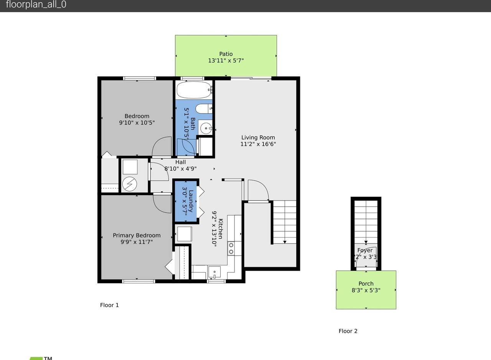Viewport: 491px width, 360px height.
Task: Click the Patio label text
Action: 226,54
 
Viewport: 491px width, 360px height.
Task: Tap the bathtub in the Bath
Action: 194,90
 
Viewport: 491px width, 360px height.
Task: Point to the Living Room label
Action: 258,138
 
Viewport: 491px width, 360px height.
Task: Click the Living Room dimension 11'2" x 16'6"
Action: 258,144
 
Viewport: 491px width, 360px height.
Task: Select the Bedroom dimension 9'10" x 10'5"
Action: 137,123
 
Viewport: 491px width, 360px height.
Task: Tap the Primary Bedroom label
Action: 137,235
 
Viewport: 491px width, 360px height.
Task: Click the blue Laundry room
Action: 186,201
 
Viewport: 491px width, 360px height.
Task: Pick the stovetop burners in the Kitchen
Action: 231,248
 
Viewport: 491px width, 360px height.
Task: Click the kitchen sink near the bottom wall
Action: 214,272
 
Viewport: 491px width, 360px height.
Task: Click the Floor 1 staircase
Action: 285,222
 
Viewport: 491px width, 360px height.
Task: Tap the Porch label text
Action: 366,284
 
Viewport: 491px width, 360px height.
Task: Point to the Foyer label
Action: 365,250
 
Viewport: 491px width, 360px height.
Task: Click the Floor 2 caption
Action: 348,331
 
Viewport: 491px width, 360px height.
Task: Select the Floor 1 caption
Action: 109,305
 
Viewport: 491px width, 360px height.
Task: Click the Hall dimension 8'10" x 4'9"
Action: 180,169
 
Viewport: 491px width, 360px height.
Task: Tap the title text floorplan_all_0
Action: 36,5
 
